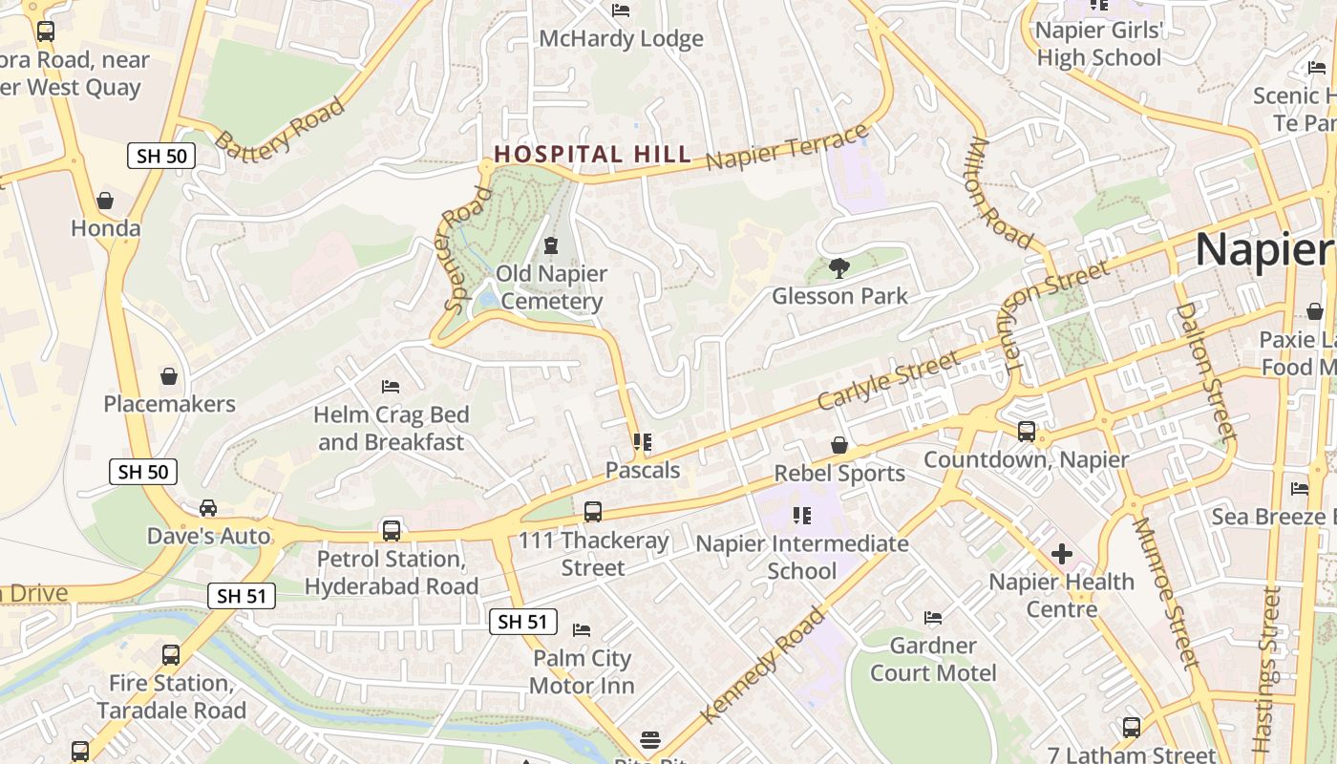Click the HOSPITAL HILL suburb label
(x=592, y=154)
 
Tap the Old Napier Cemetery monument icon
(x=551, y=246)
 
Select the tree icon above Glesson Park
(x=839, y=268)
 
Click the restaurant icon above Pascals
(x=643, y=442)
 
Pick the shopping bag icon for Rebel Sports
(x=838, y=445)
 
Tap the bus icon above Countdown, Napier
(x=1026, y=432)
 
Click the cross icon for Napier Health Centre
(x=1061, y=554)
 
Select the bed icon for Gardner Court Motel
(x=933, y=618)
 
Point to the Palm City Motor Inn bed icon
(x=581, y=630)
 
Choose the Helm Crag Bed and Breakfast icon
(x=391, y=387)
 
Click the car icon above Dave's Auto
(x=208, y=508)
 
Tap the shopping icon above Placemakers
(x=169, y=376)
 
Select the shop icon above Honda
(x=105, y=201)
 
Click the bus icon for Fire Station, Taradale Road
(x=171, y=655)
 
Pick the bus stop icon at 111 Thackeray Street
(x=593, y=512)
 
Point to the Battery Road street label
(x=279, y=125)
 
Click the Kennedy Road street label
(x=761, y=666)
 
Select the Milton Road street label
(x=1000, y=193)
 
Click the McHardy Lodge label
(x=621, y=39)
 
